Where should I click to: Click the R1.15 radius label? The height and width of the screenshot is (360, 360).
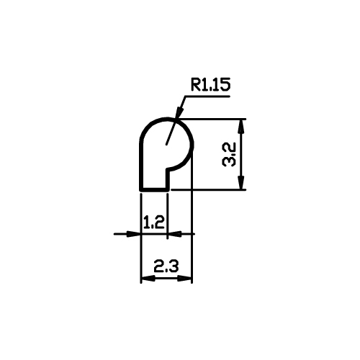(210, 85)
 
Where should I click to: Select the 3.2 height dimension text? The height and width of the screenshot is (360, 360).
(229, 155)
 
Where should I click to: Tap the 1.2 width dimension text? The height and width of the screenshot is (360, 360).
(154, 222)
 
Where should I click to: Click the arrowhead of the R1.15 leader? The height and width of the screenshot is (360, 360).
(179, 112)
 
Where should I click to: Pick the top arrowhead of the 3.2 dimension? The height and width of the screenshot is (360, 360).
(242, 126)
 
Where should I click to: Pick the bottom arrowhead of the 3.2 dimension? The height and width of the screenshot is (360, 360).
(242, 183)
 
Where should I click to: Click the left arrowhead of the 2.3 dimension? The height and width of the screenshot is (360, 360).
(148, 279)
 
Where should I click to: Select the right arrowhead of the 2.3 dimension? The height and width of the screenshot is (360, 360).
(184, 279)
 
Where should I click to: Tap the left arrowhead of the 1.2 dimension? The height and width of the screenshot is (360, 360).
(133, 234)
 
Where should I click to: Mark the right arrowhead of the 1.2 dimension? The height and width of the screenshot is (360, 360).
(174, 234)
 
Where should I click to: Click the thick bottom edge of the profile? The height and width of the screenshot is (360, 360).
(155, 189)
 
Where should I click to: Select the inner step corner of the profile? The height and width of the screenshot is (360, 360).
(168, 169)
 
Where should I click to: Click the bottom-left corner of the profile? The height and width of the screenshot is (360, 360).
(141, 190)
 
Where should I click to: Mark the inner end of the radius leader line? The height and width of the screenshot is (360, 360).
(166, 145)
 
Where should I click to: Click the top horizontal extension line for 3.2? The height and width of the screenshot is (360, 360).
(212, 119)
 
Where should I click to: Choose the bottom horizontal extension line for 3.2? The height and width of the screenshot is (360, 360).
(208, 189)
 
